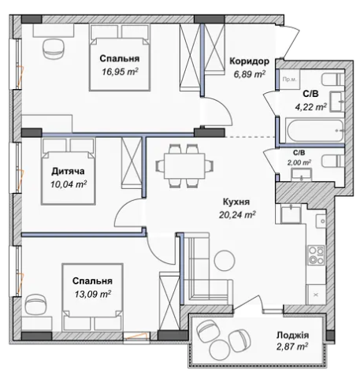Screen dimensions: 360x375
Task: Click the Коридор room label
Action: (249, 61)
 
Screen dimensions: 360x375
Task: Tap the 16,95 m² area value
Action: (120, 72)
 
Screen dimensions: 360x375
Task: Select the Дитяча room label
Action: (68, 171)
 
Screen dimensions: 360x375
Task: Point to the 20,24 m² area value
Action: (237, 215)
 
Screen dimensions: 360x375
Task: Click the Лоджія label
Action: (292, 335)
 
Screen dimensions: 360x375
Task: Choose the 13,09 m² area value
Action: (93, 294)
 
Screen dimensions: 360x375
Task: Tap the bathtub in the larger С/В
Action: (314, 131)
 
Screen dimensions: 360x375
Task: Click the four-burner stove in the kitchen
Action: (316, 254)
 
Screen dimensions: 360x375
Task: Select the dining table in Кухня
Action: (184, 166)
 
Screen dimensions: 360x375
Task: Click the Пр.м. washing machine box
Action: (290, 79)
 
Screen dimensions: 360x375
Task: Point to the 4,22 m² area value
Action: (311, 107)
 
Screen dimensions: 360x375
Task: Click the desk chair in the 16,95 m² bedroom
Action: (54, 48)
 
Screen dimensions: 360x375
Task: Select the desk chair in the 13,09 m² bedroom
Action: (35, 305)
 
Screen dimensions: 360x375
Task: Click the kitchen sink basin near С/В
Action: (291, 213)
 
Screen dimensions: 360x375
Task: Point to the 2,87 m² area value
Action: (292, 347)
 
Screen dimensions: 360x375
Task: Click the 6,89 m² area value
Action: (250, 74)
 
